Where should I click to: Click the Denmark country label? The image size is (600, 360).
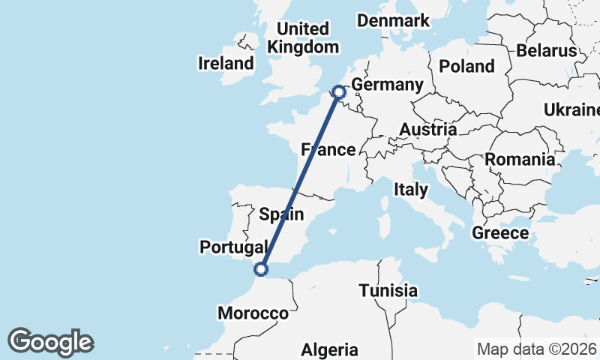[393, 20]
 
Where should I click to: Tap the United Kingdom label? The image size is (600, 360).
[303, 38]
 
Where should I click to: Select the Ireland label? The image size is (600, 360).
[226, 63]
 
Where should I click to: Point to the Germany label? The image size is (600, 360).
[388, 85]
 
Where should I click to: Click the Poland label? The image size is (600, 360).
[466, 66]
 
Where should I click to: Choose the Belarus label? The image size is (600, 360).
[546, 51]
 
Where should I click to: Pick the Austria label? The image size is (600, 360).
[427, 130]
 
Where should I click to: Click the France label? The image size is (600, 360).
[328, 150]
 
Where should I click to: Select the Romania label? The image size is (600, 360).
[520, 159]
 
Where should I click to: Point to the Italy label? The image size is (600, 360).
[410, 190]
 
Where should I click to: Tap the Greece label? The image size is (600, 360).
[500, 233]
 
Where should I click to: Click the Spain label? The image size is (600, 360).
[281, 214]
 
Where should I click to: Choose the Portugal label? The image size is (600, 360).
[234, 247]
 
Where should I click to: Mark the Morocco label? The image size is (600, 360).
[253, 313]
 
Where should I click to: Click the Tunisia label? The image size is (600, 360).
[388, 290]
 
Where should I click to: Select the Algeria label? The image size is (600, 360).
[330, 349]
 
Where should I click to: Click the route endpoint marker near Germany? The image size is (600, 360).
[338, 92]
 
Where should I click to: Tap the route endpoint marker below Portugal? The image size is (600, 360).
[261, 269]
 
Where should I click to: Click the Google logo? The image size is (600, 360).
[51, 342]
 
